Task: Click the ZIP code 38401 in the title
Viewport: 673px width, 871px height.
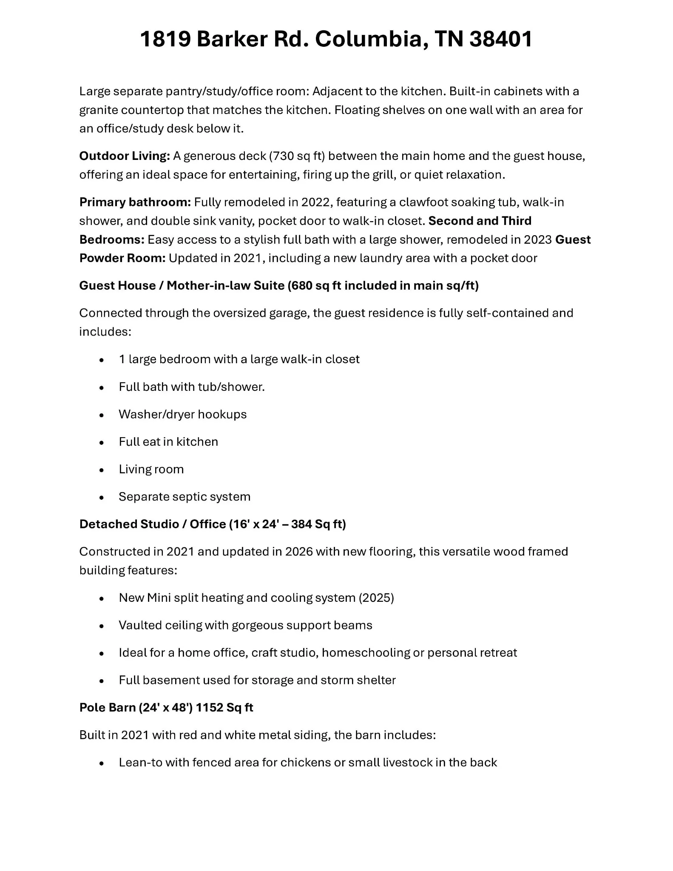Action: (501, 39)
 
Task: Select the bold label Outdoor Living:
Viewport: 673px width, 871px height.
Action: (125, 156)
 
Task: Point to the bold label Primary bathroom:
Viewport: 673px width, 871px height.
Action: (135, 202)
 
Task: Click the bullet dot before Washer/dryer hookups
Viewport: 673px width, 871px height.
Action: (101, 415)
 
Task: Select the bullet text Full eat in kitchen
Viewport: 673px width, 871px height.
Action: (168, 442)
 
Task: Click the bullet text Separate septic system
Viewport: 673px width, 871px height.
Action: (185, 497)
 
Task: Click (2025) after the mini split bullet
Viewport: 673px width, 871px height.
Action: (376, 598)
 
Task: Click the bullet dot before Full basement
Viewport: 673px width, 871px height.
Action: (101, 680)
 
